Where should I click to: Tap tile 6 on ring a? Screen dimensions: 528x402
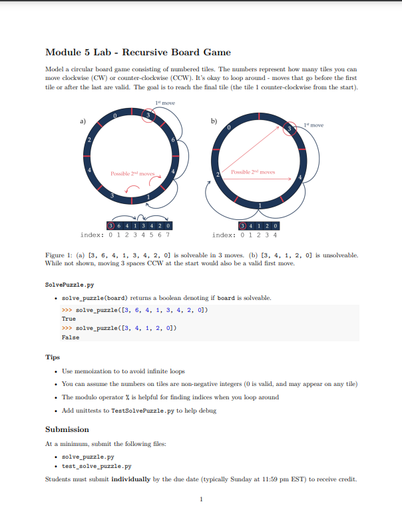173,139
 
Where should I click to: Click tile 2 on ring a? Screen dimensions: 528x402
89,139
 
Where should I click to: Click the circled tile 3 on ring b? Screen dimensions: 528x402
290,128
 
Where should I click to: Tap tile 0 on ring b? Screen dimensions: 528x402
229,127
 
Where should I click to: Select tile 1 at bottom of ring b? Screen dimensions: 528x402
260,203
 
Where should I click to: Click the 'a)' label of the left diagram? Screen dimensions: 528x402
83,121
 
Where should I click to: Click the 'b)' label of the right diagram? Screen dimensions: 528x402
214,121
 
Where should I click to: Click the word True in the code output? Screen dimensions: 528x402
69,319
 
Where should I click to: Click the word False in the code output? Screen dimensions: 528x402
70,337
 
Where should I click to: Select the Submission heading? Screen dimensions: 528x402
67,429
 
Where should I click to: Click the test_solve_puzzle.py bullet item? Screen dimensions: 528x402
96,467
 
